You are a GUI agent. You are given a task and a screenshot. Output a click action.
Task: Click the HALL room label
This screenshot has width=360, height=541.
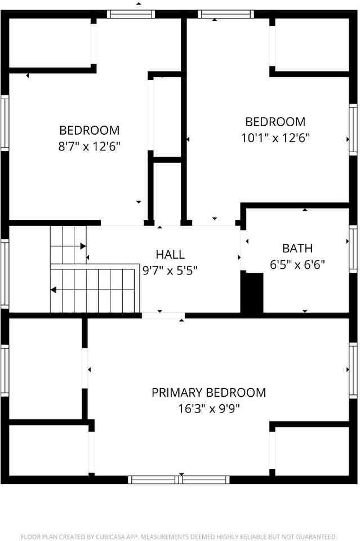click(170, 255)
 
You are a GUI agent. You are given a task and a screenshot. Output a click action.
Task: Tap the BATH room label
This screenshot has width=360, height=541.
click(297, 248)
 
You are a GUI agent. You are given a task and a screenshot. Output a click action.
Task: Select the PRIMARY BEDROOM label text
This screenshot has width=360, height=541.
click(208, 392)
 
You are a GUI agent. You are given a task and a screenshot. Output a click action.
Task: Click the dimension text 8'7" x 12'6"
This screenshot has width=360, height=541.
click(90, 146)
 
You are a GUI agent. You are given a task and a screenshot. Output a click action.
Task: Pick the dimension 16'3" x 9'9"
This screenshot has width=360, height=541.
click(208, 408)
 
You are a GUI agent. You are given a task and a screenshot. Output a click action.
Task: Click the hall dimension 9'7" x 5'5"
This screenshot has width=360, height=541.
click(170, 270)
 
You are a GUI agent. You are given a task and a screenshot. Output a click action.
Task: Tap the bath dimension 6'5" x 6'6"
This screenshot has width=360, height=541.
click(297, 264)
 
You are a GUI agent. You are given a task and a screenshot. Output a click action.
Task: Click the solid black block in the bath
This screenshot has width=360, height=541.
click(252, 292)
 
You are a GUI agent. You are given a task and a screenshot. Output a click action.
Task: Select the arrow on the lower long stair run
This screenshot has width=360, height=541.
click(54, 290)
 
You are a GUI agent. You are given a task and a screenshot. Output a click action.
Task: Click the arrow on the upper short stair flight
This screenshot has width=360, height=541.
click(83, 246)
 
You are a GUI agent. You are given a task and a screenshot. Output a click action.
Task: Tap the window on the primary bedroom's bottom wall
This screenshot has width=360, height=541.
click(179, 480)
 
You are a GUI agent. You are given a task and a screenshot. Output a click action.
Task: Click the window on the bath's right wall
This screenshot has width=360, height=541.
click(353, 242)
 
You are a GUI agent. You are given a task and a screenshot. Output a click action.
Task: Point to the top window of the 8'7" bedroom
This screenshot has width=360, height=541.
click(131, 14)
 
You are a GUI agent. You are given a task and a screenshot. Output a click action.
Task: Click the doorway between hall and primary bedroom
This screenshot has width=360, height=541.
click(163, 316)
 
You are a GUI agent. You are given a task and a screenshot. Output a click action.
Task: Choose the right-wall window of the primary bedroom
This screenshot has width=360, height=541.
click(353, 370)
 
